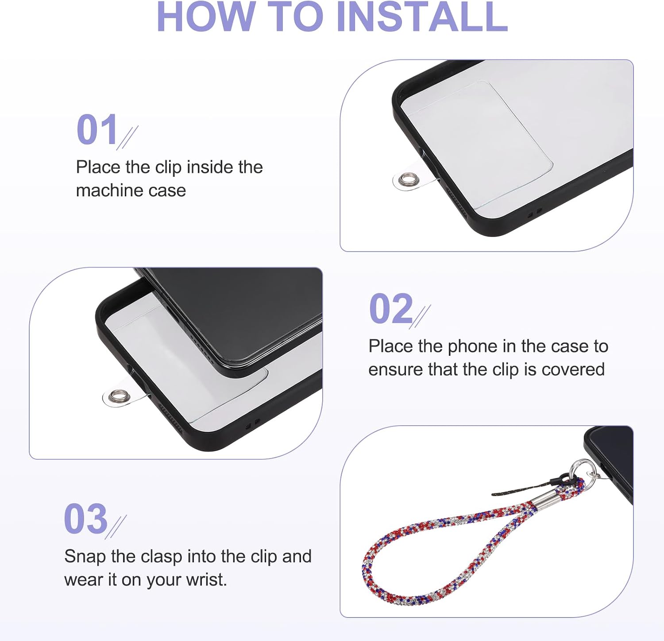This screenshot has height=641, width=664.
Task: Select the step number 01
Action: pyautogui.click(x=97, y=129)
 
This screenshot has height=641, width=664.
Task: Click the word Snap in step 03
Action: pyautogui.click(x=85, y=557)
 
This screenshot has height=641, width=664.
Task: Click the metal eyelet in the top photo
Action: pyautogui.click(x=405, y=180)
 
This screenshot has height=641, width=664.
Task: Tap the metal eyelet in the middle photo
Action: pyautogui.click(x=118, y=396)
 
